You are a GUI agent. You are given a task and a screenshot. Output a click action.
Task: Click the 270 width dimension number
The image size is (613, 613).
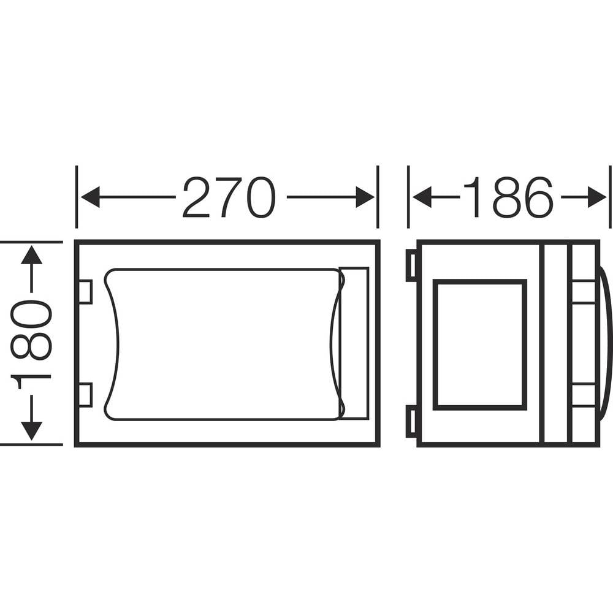click(229, 197)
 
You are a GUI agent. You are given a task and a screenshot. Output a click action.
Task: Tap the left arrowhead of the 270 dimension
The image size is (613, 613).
click(90, 197)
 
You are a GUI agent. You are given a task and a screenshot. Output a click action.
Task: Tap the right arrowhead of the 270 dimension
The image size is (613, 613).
click(365, 197)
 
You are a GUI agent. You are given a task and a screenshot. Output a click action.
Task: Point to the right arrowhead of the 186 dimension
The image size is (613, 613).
click(597, 197)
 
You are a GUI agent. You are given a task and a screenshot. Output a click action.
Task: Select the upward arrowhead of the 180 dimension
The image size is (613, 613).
click(31, 255)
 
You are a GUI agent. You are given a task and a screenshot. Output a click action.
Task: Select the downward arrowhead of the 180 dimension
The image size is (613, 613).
click(31, 431)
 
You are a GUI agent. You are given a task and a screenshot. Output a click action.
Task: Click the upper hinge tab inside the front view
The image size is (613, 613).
click(86, 292)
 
